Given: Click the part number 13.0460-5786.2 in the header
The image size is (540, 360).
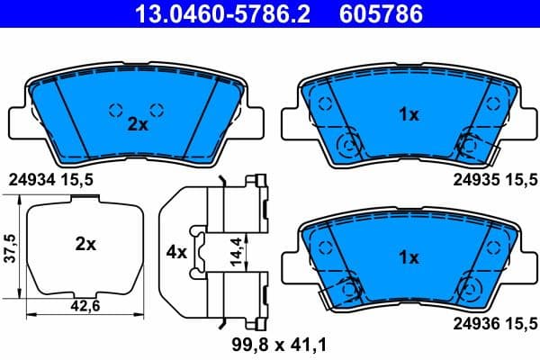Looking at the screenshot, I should click(x=202, y=14).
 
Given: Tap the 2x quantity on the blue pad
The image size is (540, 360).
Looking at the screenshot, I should click(x=137, y=125).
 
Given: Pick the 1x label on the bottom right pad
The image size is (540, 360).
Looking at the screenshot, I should click(x=409, y=257).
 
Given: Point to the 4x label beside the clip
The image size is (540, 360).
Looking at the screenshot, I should click(x=176, y=252).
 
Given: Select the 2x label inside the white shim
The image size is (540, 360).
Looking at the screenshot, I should click(x=85, y=244).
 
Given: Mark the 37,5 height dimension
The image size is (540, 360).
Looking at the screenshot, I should click(x=11, y=247).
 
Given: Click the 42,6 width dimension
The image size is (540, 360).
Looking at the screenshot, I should click(x=85, y=304).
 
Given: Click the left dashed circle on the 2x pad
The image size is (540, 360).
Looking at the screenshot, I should click(x=115, y=110).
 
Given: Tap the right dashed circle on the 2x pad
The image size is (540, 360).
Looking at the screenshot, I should click(x=157, y=110).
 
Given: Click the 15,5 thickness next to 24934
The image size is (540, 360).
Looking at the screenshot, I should click(x=78, y=179).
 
